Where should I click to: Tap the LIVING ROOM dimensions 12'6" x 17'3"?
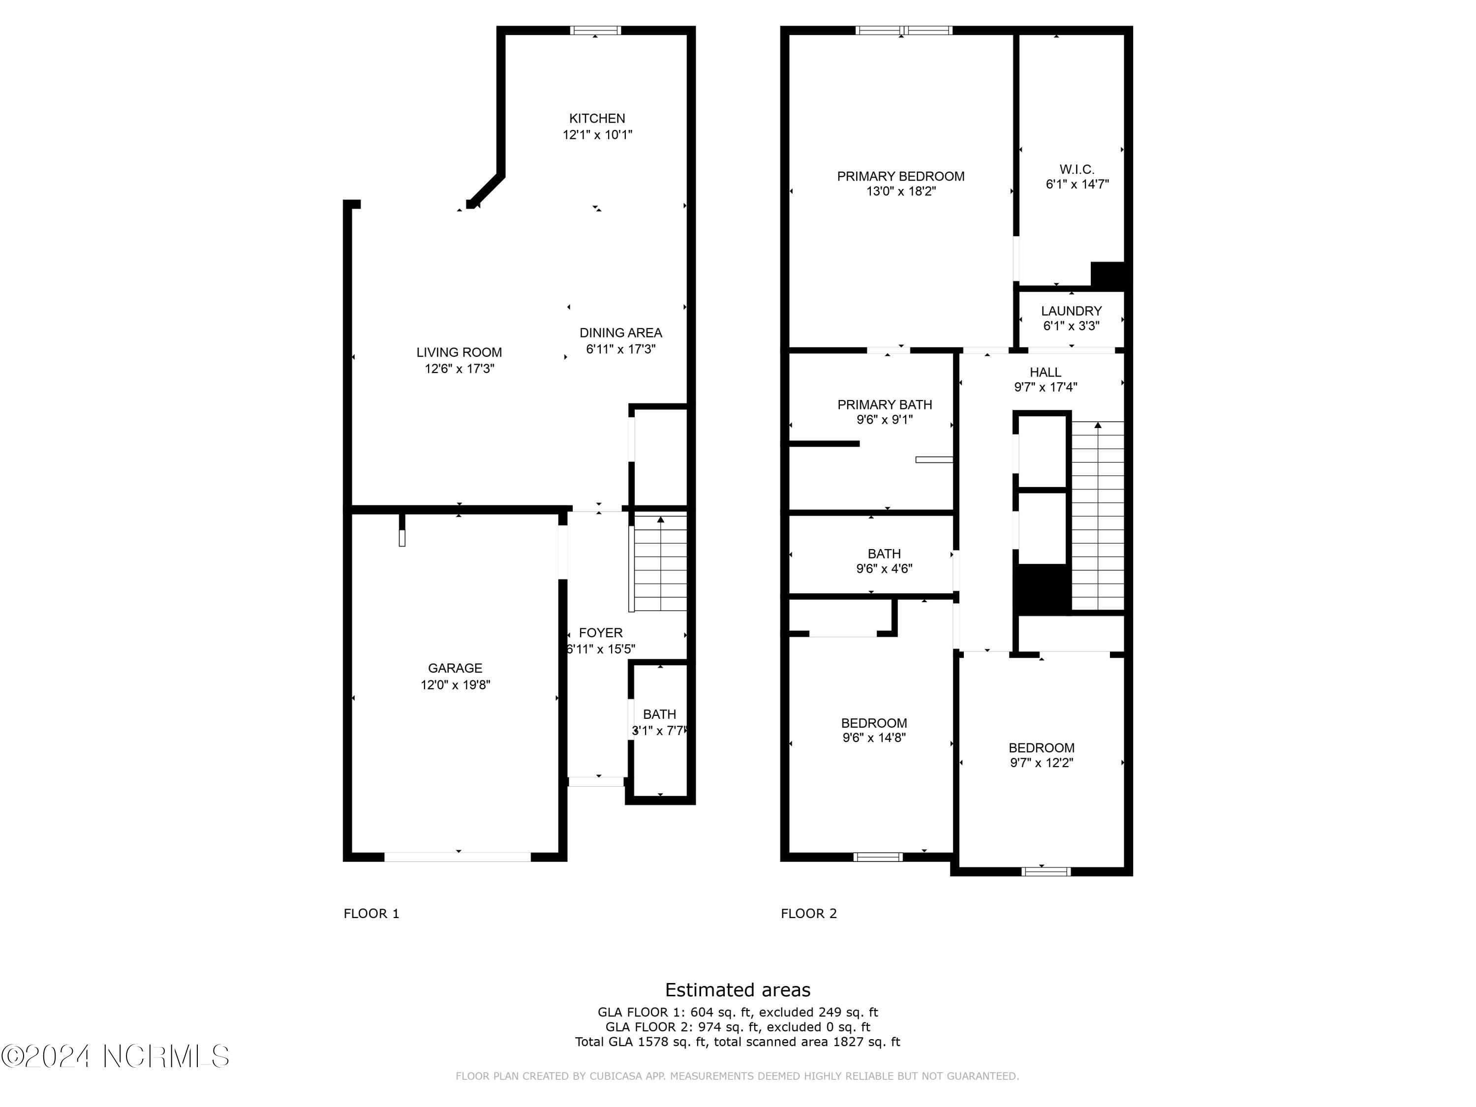459,369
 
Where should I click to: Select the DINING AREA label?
620,332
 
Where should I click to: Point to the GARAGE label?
455,668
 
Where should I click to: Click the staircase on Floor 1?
659,564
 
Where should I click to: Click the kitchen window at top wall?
595,30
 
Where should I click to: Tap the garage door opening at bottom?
458,857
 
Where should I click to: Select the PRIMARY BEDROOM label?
900,176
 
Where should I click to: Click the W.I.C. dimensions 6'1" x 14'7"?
1077,184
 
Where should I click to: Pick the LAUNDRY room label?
1071,311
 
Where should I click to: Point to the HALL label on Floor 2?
1045,372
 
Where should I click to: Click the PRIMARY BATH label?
884,404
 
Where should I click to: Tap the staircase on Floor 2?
1098,517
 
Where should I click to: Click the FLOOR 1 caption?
371,914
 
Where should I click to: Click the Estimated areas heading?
738,989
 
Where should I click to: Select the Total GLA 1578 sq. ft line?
738,1042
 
